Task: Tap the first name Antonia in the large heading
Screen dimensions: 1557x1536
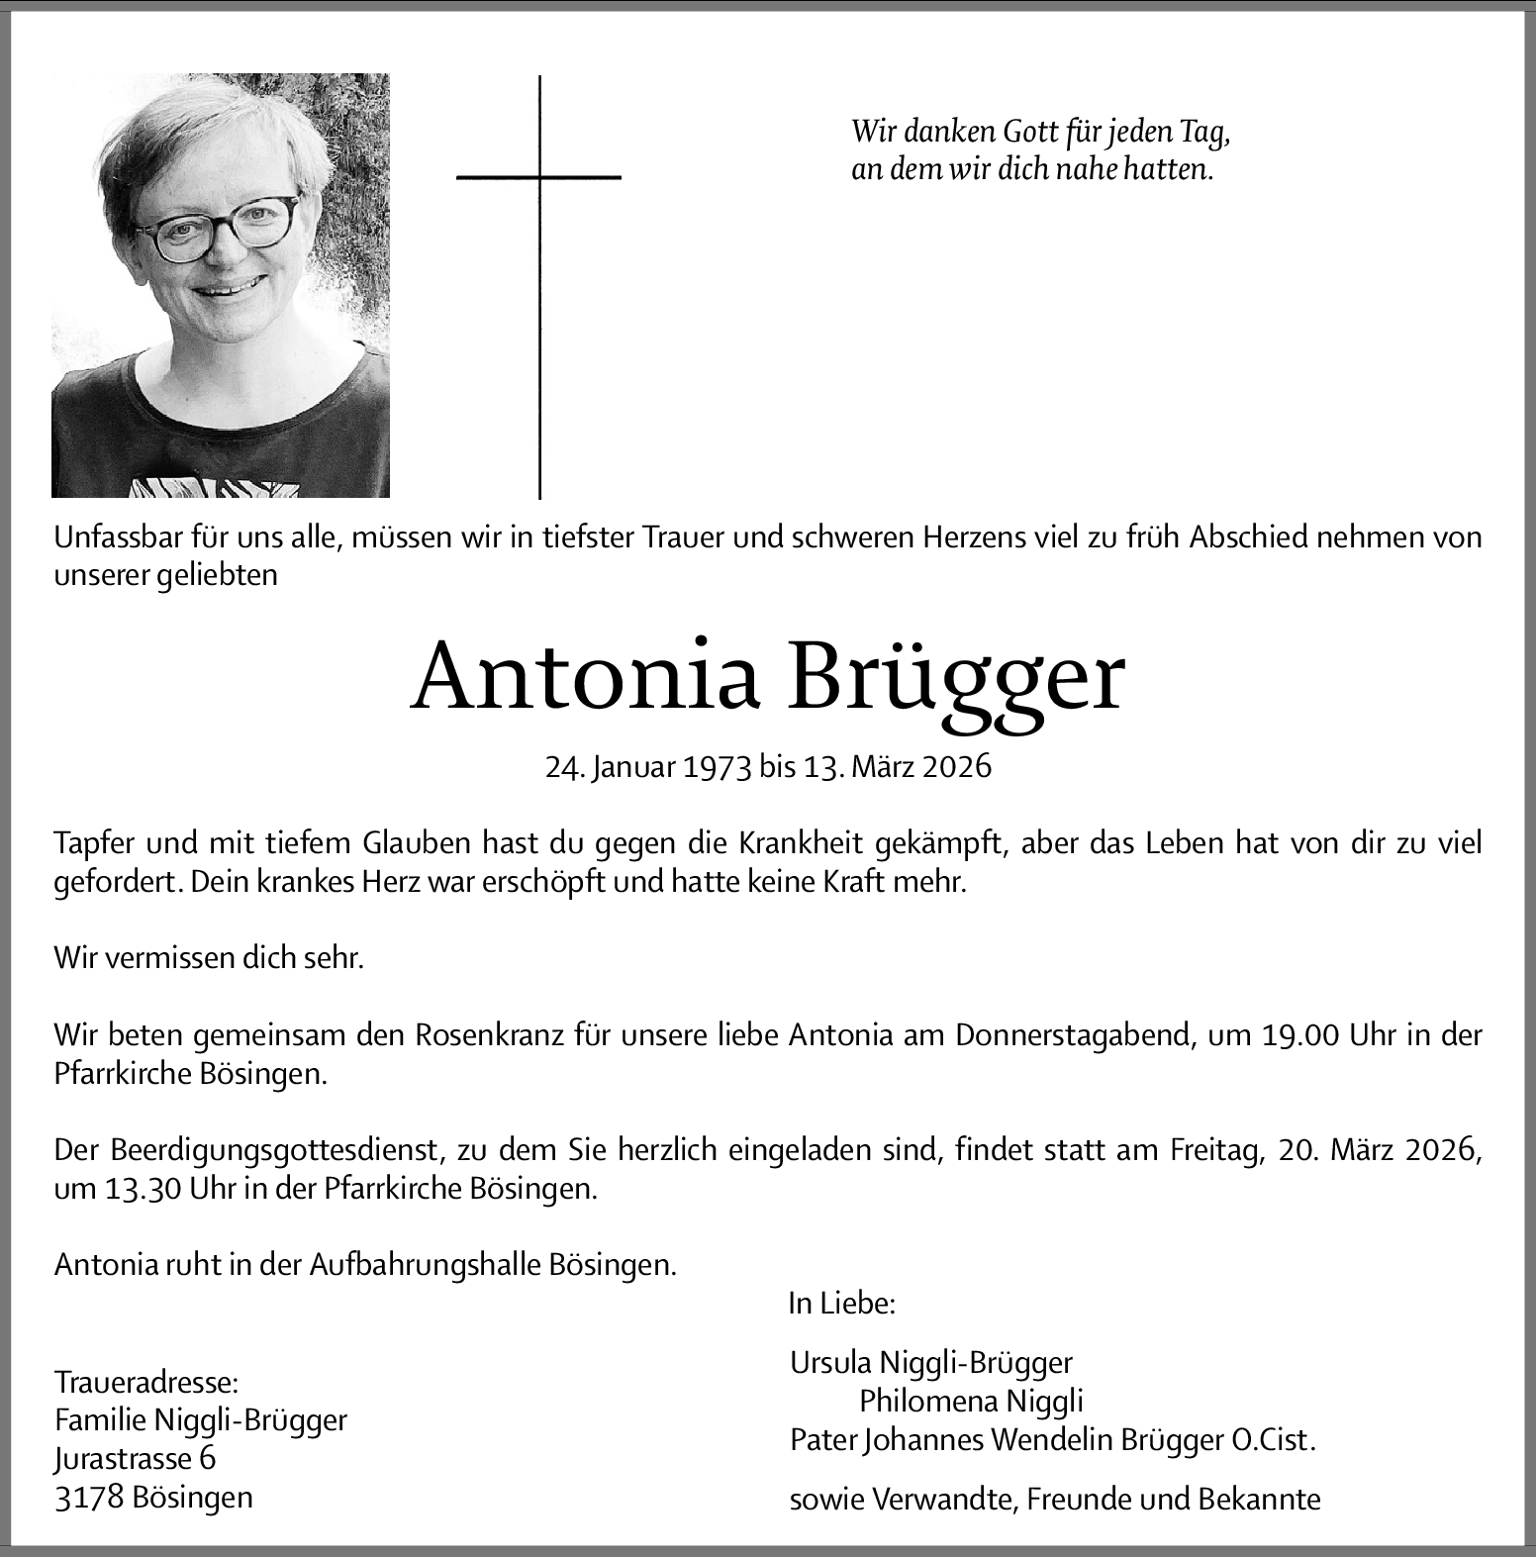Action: pos(585,678)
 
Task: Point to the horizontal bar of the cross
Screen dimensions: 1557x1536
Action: pos(538,177)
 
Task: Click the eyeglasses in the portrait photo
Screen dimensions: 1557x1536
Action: pos(217,226)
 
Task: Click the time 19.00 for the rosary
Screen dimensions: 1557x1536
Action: pos(1301,1035)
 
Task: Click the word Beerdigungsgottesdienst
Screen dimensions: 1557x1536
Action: pos(273,1150)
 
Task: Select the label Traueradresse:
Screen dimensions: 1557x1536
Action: pos(146,1382)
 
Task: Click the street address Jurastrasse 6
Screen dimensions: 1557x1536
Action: pos(135,1458)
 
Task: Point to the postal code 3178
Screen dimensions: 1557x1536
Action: pos(89,1497)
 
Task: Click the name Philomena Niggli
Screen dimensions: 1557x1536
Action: pos(971,1401)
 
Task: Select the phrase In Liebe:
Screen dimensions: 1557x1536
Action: pos(841,1304)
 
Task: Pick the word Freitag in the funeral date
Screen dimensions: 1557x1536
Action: pos(1214,1150)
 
